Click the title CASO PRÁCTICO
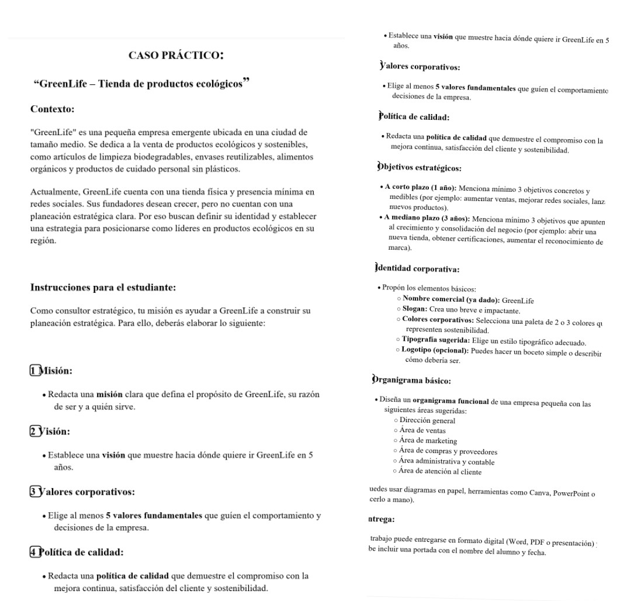pyautogui.click(x=176, y=56)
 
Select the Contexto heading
pyautogui.click(x=53, y=109)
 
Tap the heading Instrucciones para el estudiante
pyautogui.click(x=103, y=288)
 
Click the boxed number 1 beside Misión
pyautogui.click(x=34, y=371)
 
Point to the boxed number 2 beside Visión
pyautogui.click(x=34, y=431)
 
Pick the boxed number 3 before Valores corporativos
pyautogui.click(x=34, y=492)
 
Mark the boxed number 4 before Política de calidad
pyautogui.click(x=34, y=552)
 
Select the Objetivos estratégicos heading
pyautogui.click(x=419, y=168)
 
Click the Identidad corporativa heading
pyautogui.click(x=417, y=270)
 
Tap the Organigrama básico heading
pyautogui.click(x=412, y=381)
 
